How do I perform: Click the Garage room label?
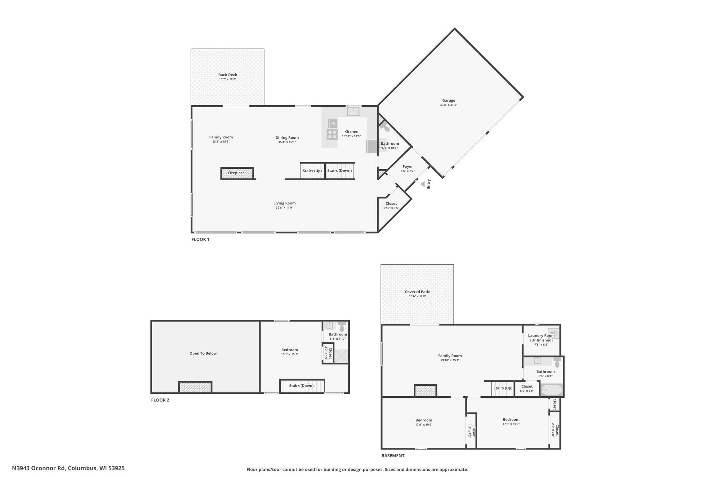[x=449, y=101]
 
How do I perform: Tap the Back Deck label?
[x=228, y=75]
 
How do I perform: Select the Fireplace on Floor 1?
[x=237, y=173]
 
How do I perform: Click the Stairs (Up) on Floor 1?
[x=312, y=171]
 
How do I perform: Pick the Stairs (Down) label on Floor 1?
[x=340, y=171]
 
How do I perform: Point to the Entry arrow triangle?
[x=422, y=184]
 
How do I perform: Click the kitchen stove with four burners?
[x=332, y=134]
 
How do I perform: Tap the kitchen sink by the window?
[x=353, y=111]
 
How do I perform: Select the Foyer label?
[x=408, y=167]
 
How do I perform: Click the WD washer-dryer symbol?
[x=553, y=333]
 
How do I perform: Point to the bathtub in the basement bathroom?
[x=551, y=390]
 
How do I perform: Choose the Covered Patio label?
[x=418, y=292]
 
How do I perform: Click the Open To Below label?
[x=203, y=353]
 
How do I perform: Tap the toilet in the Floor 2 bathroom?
[x=342, y=327]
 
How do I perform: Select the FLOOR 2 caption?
[x=160, y=400]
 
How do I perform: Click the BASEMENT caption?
[x=393, y=456]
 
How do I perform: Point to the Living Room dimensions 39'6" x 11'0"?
[x=285, y=208]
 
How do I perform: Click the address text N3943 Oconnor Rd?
[x=39, y=468]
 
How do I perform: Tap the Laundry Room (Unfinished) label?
[x=541, y=338]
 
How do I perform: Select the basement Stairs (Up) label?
[x=503, y=388]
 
